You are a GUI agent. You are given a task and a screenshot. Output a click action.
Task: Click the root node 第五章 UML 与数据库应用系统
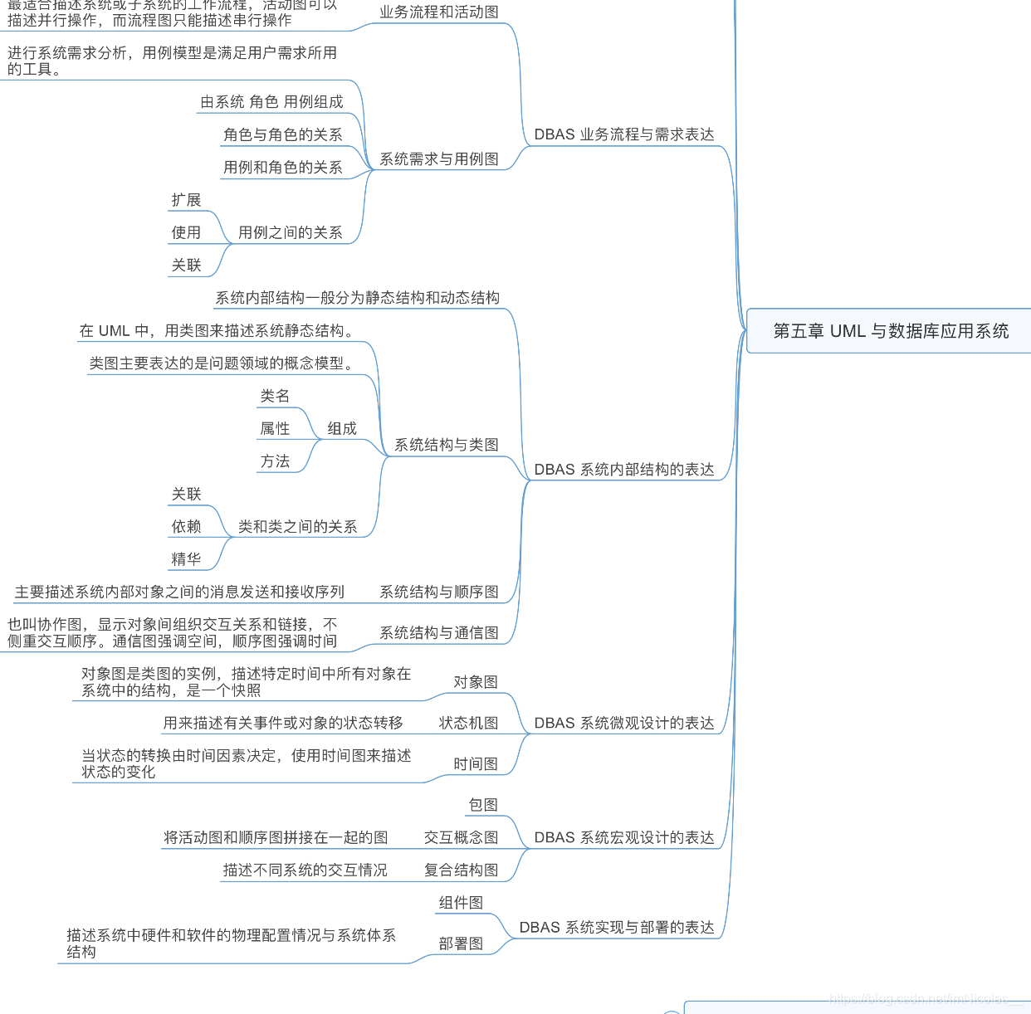pyautogui.click(x=890, y=331)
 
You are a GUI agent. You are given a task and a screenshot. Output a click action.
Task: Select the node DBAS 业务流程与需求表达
pyautogui.click(x=623, y=134)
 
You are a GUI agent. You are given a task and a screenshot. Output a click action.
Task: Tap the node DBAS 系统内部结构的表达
pyautogui.click(x=623, y=470)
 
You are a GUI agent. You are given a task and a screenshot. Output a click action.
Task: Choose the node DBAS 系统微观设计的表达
pyautogui.click(x=623, y=723)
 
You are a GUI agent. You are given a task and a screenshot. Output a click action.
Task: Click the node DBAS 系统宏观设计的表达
pyautogui.click(x=623, y=837)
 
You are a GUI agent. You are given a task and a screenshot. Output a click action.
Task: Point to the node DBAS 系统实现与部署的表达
pyautogui.click(x=616, y=927)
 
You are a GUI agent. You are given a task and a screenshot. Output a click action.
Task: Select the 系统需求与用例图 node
pyautogui.click(x=438, y=159)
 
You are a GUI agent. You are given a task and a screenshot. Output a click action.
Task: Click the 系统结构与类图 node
pyautogui.click(x=446, y=445)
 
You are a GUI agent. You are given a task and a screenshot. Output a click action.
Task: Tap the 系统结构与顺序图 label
pyautogui.click(x=438, y=592)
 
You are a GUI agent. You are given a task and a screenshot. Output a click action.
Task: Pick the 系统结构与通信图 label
pyautogui.click(x=438, y=632)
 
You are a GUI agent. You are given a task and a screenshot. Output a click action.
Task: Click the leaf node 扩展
pyautogui.click(x=186, y=200)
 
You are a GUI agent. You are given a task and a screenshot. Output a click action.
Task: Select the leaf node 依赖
pyautogui.click(x=186, y=526)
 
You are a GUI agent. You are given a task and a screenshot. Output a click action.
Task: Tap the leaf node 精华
pyautogui.click(x=186, y=559)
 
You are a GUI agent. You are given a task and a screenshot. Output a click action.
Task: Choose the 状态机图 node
pyautogui.click(x=468, y=723)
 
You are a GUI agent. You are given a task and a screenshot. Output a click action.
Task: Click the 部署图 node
pyautogui.click(x=461, y=943)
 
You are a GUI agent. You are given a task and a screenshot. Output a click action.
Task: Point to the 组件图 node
pyautogui.click(x=461, y=903)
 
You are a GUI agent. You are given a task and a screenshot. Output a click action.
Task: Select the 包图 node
pyautogui.click(x=483, y=805)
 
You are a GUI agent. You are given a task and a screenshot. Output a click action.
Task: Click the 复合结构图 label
pyautogui.click(x=461, y=870)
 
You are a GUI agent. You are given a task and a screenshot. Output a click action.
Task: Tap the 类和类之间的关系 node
pyautogui.click(x=297, y=526)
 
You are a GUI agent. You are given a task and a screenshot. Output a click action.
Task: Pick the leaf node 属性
pyautogui.click(x=275, y=428)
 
